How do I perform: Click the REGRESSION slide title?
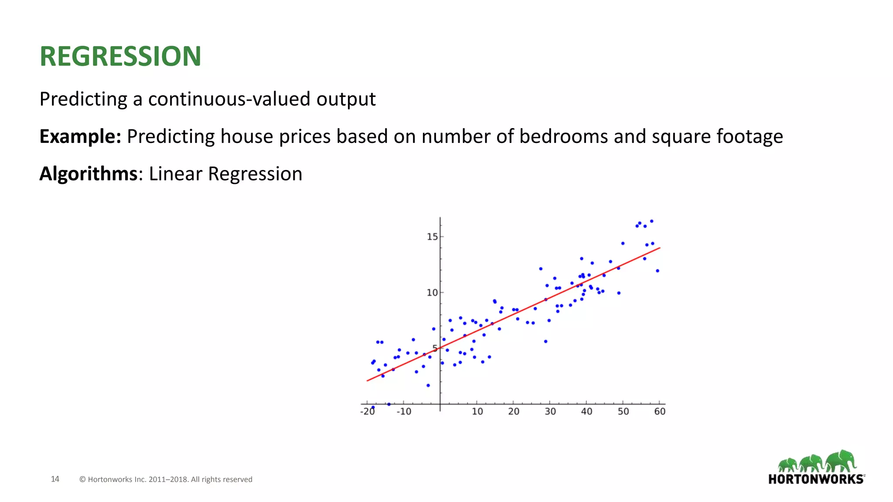click(x=120, y=57)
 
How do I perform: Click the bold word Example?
click(x=80, y=136)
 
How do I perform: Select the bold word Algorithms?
click(x=89, y=174)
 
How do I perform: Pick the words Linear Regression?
click(x=225, y=174)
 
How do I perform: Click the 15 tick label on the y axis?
click(x=432, y=237)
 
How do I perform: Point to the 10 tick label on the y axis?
click(x=432, y=293)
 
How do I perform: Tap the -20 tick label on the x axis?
click(x=368, y=411)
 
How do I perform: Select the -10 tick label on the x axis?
click(x=404, y=411)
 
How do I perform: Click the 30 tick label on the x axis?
click(x=550, y=411)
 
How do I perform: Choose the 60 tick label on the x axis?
click(x=660, y=411)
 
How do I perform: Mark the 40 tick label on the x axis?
click(x=586, y=411)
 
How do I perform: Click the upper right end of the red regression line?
click(x=660, y=248)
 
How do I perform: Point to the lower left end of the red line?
click(x=368, y=380)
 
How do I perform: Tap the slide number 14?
click(x=55, y=479)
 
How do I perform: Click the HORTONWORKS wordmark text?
click(x=816, y=479)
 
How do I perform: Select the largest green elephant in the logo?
click(x=842, y=461)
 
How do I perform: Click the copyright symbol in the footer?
click(x=82, y=479)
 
